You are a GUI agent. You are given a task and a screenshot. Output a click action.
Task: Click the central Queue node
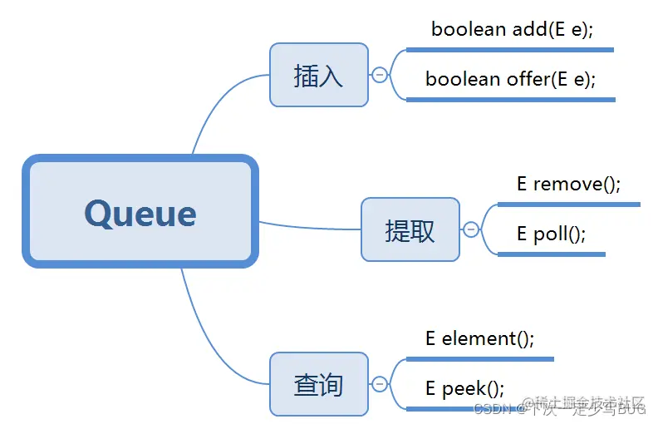[140, 212]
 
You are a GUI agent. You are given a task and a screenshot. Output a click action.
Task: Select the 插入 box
[319, 76]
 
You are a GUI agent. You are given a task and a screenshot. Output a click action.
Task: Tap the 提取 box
[410, 229]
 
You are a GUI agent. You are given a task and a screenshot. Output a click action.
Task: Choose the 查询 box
[319, 384]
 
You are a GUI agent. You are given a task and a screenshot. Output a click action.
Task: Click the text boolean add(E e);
[512, 29]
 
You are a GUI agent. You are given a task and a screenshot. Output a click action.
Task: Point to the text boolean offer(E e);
[510, 79]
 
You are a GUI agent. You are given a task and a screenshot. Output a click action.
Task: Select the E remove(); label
[568, 184]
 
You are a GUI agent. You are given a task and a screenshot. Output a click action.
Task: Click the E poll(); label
[551, 234]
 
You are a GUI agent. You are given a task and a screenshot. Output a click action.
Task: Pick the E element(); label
[479, 338]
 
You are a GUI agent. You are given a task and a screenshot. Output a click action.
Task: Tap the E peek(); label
[464, 388]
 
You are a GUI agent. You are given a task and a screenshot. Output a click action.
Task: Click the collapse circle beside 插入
[380, 75]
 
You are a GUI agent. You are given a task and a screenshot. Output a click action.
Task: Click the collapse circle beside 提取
[471, 229]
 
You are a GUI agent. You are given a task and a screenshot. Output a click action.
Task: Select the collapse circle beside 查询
[380, 384]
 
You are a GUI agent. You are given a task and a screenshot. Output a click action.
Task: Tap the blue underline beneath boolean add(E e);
[510, 50]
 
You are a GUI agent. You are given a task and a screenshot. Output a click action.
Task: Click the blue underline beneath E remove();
[568, 204]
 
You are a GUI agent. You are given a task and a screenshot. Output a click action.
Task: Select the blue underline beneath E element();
[479, 359]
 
